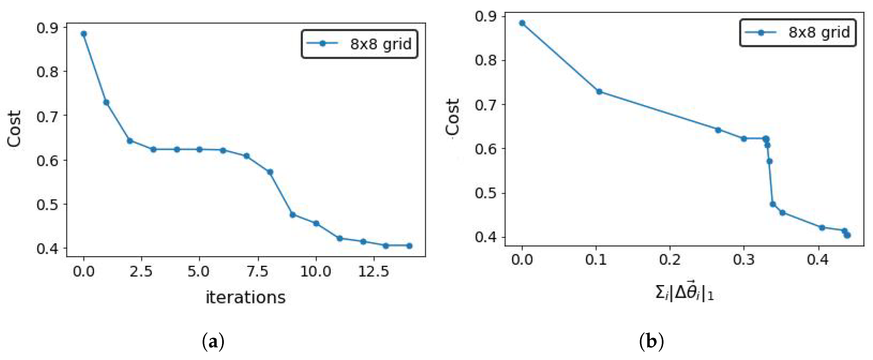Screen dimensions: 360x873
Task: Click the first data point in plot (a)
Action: coord(84,34)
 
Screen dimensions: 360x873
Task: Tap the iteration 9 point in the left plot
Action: coord(293,215)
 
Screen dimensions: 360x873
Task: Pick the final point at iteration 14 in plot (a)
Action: coord(409,246)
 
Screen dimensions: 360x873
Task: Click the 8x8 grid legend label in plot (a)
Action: coord(380,44)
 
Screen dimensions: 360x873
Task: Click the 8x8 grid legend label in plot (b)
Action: coord(819,33)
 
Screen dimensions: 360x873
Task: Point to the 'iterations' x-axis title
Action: coord(246,297)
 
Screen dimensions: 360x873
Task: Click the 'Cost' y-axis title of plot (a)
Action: coord(15,129)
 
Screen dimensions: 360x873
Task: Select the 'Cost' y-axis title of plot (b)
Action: coord(452,117)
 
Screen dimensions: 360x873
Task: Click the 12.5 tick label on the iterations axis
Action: coord(374,272)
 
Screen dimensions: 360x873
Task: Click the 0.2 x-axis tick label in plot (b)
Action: coord(670,260)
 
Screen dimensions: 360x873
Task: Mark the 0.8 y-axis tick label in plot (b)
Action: coord(485,60)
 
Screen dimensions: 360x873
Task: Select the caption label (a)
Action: coord(213,342)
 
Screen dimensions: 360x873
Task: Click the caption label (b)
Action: coord(651,342)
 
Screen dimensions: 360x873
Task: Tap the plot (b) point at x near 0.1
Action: coord(599,91)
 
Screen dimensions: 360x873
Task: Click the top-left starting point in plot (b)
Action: coord(522,23)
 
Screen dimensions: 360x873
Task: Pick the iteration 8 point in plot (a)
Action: coord(270,172)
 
